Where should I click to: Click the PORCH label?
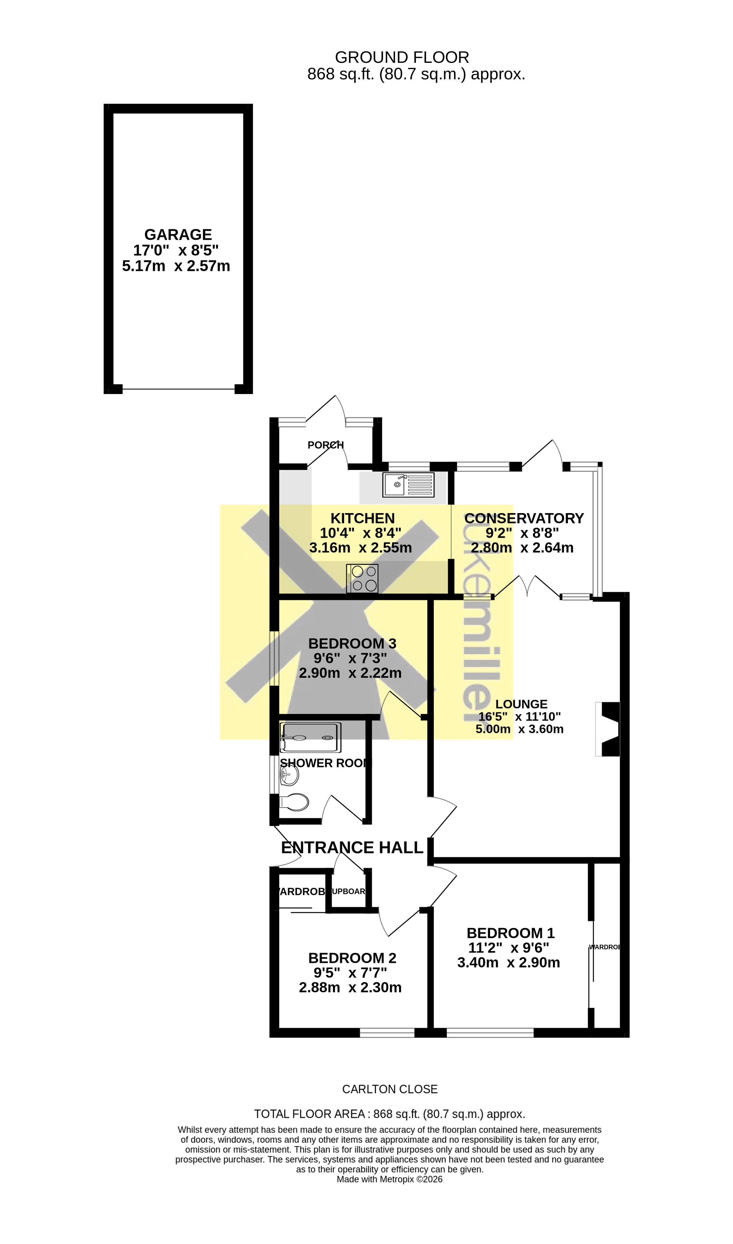point(325,445)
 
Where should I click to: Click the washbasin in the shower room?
point(290,775)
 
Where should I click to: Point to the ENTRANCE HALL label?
point(352,848)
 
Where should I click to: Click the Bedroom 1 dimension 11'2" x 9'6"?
point(508,947)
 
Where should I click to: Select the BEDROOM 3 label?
point(352,643)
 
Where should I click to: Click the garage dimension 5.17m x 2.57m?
point(176,266)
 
